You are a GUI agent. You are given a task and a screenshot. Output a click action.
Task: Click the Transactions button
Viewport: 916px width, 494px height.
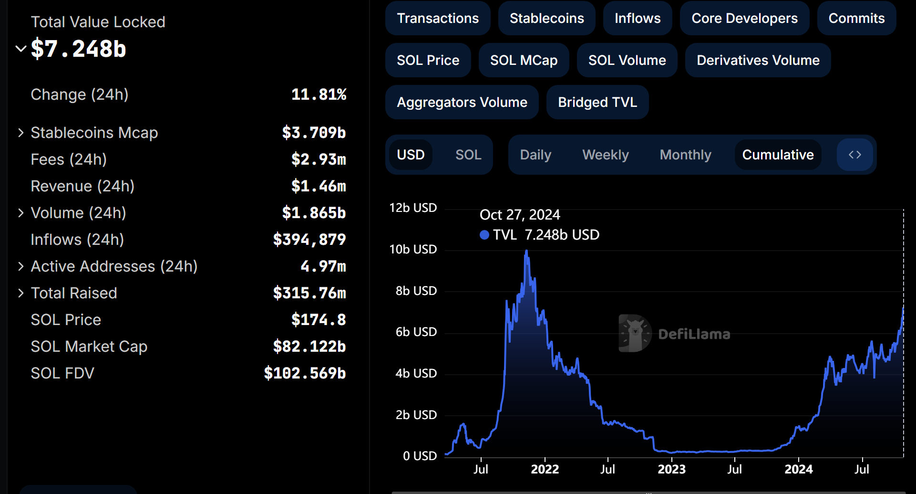click(x=437, y=18)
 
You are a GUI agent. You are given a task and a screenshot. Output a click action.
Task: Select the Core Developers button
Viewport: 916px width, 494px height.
click(x=744, y=18)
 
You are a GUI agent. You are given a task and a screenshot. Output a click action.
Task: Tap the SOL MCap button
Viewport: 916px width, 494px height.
click(x=524, y=60)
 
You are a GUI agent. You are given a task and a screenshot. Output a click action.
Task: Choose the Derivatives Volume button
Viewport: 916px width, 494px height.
click(x=758, y=60)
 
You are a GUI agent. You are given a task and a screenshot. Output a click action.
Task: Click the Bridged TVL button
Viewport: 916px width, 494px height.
click(x=597, y=102)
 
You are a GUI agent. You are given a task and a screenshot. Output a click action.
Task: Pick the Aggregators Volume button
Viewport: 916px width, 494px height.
click(x=462, y=102)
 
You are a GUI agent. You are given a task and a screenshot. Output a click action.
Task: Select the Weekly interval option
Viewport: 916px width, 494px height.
click(x=605, y=155)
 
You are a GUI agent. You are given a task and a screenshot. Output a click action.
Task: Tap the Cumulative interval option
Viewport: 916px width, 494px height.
click(x=778, y=155)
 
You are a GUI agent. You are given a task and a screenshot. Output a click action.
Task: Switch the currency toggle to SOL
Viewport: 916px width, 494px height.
click(x=468, y=155)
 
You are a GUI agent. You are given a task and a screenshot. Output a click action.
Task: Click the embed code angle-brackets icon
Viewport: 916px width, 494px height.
click(x=854, y=155)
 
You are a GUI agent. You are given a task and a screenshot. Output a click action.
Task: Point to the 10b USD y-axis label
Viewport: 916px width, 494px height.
click(x=413, y=249)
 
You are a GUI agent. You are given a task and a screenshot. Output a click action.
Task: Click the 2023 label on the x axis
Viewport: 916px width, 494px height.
click(x=671, y=469)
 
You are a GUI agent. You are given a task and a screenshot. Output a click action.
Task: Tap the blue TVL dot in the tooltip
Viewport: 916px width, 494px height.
click(x=484, y=235)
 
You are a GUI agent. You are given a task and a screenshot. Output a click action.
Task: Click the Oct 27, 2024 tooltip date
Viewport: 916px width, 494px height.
click(x=520, y=215)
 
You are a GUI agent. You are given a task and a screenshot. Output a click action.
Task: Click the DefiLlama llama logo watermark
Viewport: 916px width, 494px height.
click(x=635, y=333)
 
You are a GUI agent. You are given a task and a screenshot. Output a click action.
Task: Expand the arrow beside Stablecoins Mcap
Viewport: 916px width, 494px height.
click(x=21, y=133)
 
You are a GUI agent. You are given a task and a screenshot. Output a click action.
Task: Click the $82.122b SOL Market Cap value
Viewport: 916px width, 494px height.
click(x=309, y=347)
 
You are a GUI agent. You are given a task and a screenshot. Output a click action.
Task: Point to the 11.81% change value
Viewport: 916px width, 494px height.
click(x=319, y=95)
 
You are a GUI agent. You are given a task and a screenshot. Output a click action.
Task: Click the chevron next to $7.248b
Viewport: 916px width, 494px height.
click(x=21, y=49)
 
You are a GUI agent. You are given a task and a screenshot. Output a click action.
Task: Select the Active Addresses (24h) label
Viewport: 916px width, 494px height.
click(x=114, y=266)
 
